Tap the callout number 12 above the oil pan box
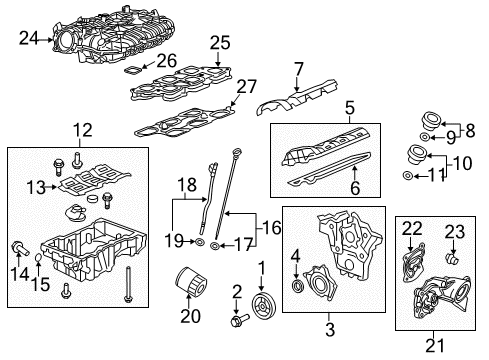coord(77,129)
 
